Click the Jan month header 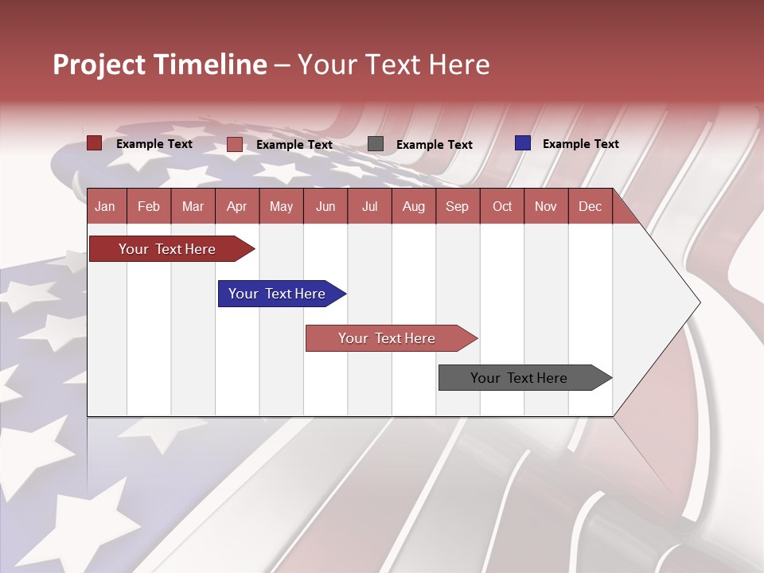pos(105,206)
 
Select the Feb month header pos(149,206)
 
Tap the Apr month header pos(236,206)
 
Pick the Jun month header pos(325,206)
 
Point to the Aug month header pos(413,206)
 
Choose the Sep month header pos(457,206)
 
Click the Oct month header pos(502,206)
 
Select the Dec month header pos(590,206)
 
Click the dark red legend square pos(95,143)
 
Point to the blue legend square pos(523,143)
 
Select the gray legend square pos(376,144)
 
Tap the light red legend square pos(235,144)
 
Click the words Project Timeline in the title pos(160,64)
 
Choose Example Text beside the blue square pos(580,144)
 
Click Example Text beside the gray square pos(434,145)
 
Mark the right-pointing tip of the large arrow pos(698,302)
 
